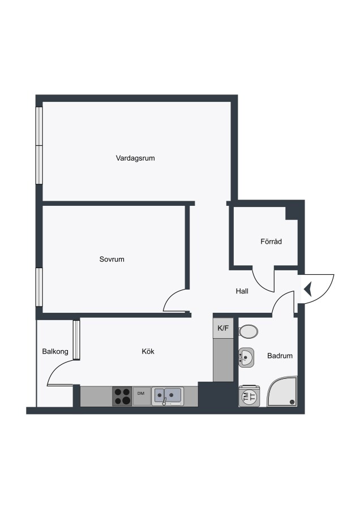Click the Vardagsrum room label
135,158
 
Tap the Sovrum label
112,259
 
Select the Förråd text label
271,241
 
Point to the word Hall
242,291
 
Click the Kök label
148,351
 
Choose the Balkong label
55,351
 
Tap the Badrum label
280,356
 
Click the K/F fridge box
223,328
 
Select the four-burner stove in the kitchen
122,396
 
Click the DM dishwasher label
141,394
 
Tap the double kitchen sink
168,396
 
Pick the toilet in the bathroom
248,331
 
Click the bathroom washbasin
246,358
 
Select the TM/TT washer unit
249,396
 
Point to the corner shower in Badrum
282,391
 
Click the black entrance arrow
308,289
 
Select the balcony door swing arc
56,368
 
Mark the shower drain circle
292,402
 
